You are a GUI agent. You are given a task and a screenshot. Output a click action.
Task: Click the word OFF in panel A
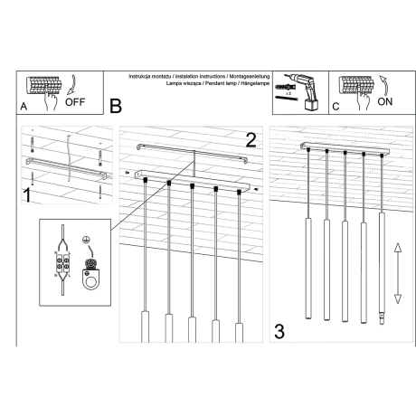click(76, 102)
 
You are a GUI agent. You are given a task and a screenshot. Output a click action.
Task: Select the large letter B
click(115, 107)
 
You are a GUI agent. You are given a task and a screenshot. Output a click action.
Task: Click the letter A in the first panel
click(23, 107)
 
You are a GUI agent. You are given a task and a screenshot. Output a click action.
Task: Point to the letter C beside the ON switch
click(336, 107)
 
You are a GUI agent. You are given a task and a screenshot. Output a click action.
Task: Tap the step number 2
click(251, 140)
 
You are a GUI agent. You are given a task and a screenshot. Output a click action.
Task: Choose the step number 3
click(279, 332)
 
